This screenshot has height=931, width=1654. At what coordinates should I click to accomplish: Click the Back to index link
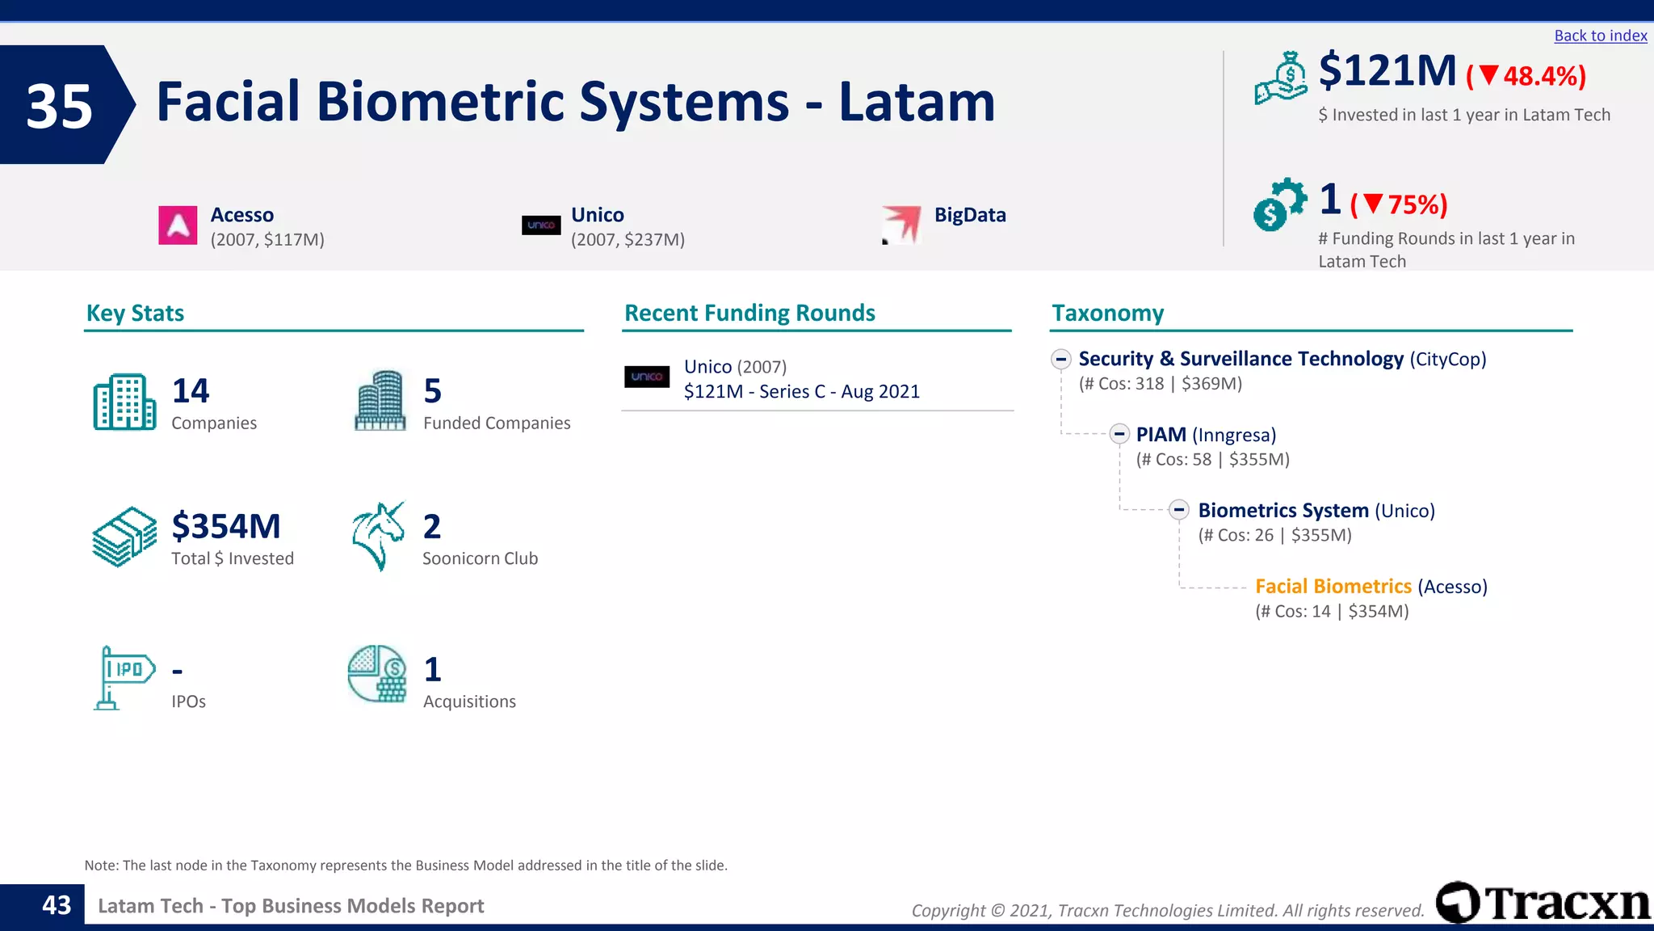[x=1600, y=36]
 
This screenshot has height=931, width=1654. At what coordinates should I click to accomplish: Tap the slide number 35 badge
[x=60, y=106]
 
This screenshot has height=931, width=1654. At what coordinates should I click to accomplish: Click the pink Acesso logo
[x=178, y=225]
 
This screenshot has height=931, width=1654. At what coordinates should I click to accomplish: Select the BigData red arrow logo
[x=902, y=224]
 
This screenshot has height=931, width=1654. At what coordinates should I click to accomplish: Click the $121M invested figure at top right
[x=1387, y=71]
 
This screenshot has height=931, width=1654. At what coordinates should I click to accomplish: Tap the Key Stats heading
[x=135, y=313]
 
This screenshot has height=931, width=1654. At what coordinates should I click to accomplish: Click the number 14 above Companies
[x=191, y=391]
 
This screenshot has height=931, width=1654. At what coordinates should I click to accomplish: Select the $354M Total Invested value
[x=226, y=527]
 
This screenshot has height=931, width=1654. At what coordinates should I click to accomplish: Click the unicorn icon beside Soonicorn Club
[x=377, y=536]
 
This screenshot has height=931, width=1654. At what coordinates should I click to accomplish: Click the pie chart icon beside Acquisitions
[x=376, y=674]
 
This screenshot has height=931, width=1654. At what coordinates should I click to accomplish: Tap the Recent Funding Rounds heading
[x=749, y=313]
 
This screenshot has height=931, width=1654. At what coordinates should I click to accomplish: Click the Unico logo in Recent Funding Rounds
[x=647, y=377]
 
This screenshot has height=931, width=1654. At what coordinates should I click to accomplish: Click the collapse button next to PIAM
[x=1119, y=434]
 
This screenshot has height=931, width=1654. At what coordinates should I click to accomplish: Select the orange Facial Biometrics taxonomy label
[x=1333, y=587]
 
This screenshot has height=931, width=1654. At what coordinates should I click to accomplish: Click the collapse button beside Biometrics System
[x=1179, y=510]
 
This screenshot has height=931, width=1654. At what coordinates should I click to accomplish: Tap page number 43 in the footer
[x=57, y=905]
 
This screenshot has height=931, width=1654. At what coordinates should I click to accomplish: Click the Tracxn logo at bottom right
[x=1543, y=903]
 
